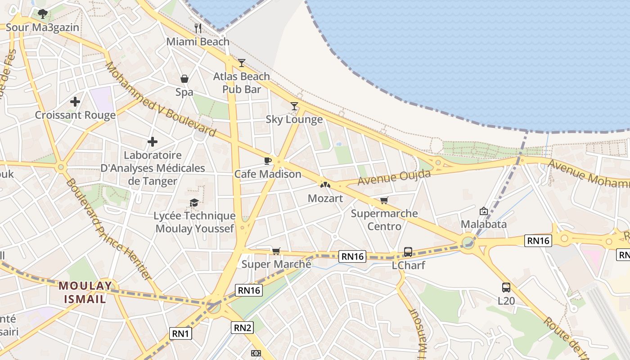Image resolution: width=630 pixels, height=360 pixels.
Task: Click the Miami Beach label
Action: point(198,42)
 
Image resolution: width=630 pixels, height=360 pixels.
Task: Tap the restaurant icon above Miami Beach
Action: point(198,28)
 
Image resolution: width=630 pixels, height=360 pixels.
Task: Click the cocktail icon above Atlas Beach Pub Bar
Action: point(242,63)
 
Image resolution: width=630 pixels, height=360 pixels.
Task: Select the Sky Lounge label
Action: point(294,119)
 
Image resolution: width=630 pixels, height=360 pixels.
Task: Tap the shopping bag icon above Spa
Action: point(184,79)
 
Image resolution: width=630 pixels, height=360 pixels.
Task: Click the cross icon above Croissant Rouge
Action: point(75,102)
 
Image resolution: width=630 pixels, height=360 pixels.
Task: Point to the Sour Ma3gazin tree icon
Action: point(43,14)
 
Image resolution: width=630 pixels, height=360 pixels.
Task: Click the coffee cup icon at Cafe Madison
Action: point(268,161)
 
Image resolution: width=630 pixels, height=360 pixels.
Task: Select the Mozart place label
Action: point(325,198)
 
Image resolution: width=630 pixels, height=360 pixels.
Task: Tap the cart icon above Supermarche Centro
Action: point(384,200)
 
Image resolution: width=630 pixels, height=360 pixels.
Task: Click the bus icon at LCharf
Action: point(408,252)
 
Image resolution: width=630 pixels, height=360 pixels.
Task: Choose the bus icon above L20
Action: point(506,287)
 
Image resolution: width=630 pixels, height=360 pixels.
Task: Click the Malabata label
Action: point(483,224)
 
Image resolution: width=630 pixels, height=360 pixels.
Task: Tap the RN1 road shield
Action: point(180,333)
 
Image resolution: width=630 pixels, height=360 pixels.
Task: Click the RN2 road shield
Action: point(242,328)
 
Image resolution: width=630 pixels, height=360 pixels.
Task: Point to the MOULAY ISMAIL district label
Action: point(85,292)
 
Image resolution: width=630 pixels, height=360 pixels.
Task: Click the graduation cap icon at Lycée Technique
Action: point(194,203)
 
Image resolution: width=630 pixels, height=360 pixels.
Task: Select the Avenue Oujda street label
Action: point(394,177)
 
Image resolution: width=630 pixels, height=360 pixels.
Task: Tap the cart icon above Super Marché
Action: point(276,251)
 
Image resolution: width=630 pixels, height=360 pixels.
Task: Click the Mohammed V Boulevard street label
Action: point(161,99)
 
